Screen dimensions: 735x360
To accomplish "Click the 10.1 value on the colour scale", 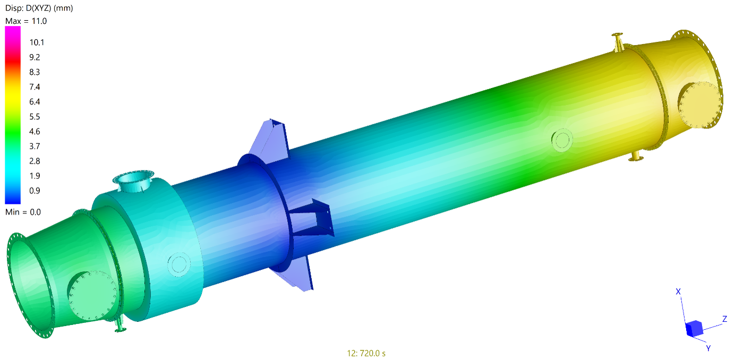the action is (x=37, y=42).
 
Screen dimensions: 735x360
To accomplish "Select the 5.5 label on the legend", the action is (x=35, y=117).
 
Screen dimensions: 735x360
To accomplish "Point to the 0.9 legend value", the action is (x=35, y=191).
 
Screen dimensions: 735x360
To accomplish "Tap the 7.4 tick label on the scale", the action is (x=35, y=87).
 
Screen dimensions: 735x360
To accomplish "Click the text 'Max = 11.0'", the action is (x=26, y=21).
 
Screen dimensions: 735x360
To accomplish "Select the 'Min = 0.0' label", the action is (x=23, y=212).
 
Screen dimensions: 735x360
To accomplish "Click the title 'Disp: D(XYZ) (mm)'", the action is (x=39, y=8).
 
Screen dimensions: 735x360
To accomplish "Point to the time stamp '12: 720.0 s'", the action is (x=366, y=353).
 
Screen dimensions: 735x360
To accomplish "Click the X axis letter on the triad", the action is (x=678, y=292).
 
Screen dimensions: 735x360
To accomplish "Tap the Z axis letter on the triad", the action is (x=725, y=319).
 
